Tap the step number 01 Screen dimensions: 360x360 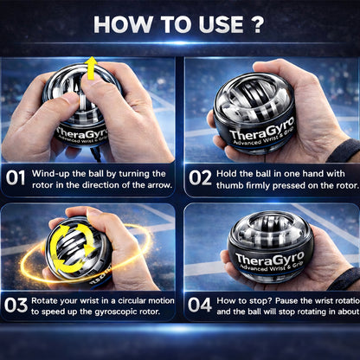coord(16,179)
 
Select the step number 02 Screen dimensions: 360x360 coord(200,179)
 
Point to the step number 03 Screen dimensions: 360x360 coord(16,305)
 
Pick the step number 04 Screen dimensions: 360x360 coord(200,305)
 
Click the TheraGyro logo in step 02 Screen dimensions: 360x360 coord(268,134)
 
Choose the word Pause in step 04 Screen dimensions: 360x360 coord(293,299)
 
